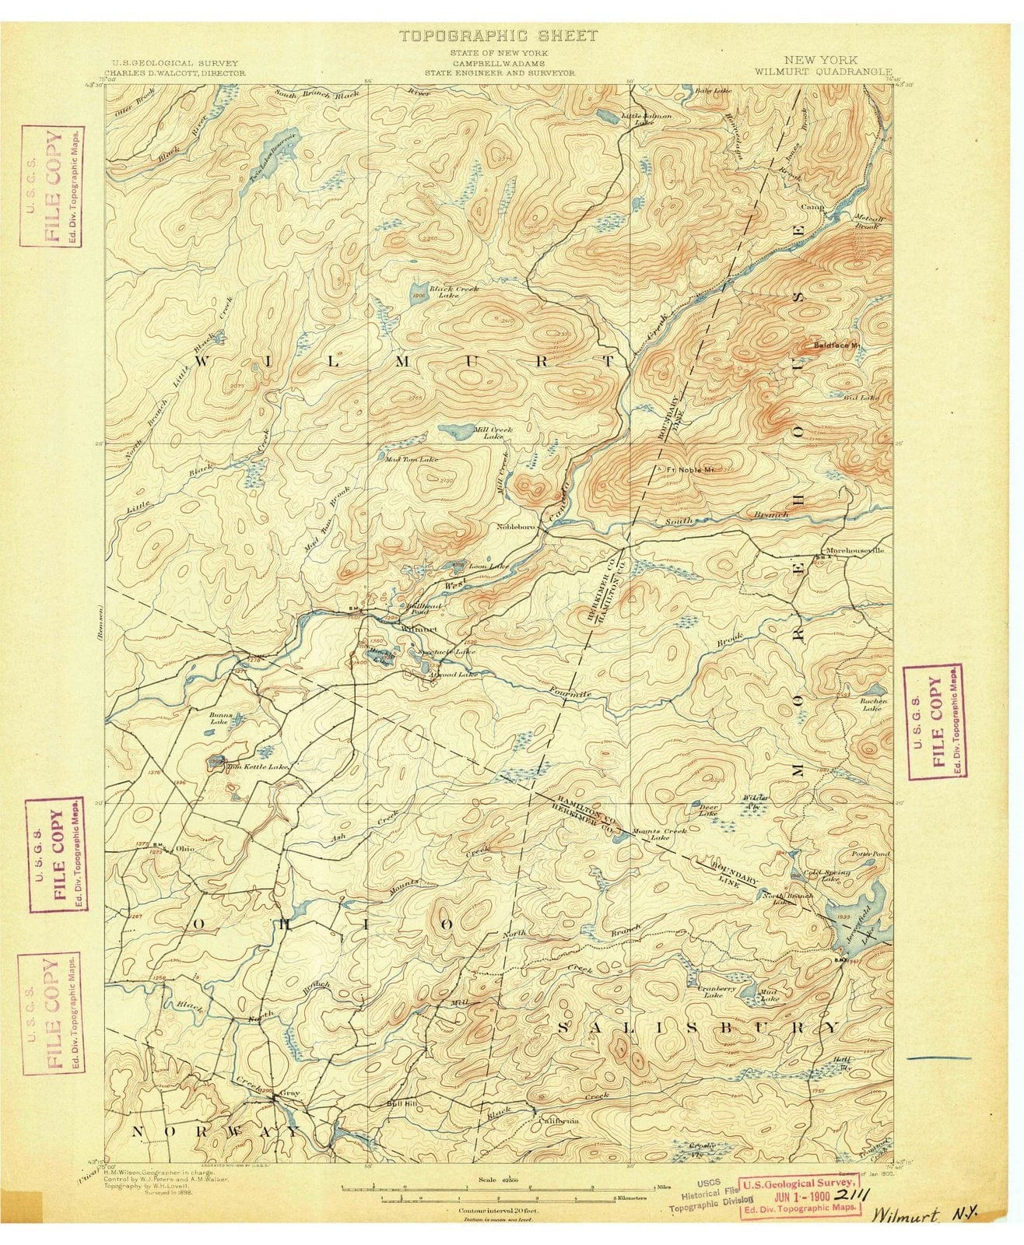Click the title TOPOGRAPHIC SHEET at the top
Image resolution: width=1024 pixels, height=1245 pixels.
point(498,36)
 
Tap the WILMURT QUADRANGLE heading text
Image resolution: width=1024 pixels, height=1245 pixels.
point(805,69)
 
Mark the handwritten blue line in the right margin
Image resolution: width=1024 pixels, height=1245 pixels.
point(939,1058)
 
